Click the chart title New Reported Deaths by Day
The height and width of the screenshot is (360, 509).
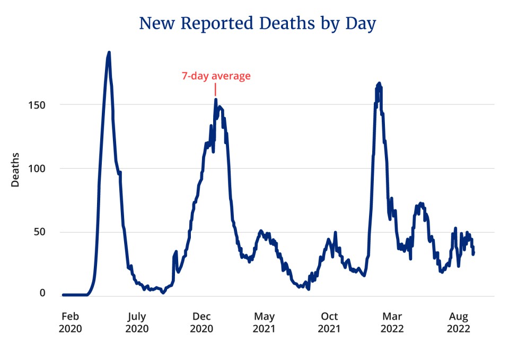257,24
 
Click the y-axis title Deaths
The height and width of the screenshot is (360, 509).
15,170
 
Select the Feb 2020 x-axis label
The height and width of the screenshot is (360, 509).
70,322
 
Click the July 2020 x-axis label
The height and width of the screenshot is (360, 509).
137,322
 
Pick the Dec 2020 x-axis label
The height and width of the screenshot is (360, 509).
201,322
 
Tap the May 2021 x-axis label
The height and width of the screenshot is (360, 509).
264,322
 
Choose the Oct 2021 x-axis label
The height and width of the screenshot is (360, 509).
329,322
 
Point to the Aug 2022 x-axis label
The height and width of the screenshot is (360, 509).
458,322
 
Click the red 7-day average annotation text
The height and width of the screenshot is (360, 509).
216,76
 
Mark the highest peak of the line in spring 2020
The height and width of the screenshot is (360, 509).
109,52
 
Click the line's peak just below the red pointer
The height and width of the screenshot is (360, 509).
216,99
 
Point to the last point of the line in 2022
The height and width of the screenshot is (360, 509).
473,254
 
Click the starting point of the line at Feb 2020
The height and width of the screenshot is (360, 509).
63,295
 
